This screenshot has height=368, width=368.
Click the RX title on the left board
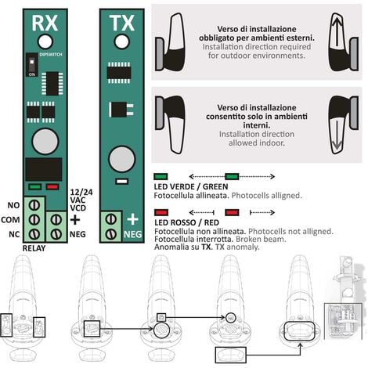[45, 22]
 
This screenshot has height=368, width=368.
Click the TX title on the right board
[121, 22]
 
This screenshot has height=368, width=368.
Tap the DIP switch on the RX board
[31, 61]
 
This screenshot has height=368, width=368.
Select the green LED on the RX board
[34, 187]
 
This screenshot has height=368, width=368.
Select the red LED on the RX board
[52, 187]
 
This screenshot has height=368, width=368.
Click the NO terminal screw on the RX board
[34, 205]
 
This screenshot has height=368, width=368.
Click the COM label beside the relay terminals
[12, 220]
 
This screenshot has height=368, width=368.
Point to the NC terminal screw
[34, 234]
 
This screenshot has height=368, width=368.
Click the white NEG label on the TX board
[132, 234]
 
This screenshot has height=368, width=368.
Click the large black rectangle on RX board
[44, 170]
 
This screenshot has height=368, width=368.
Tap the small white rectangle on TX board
[121, 182]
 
